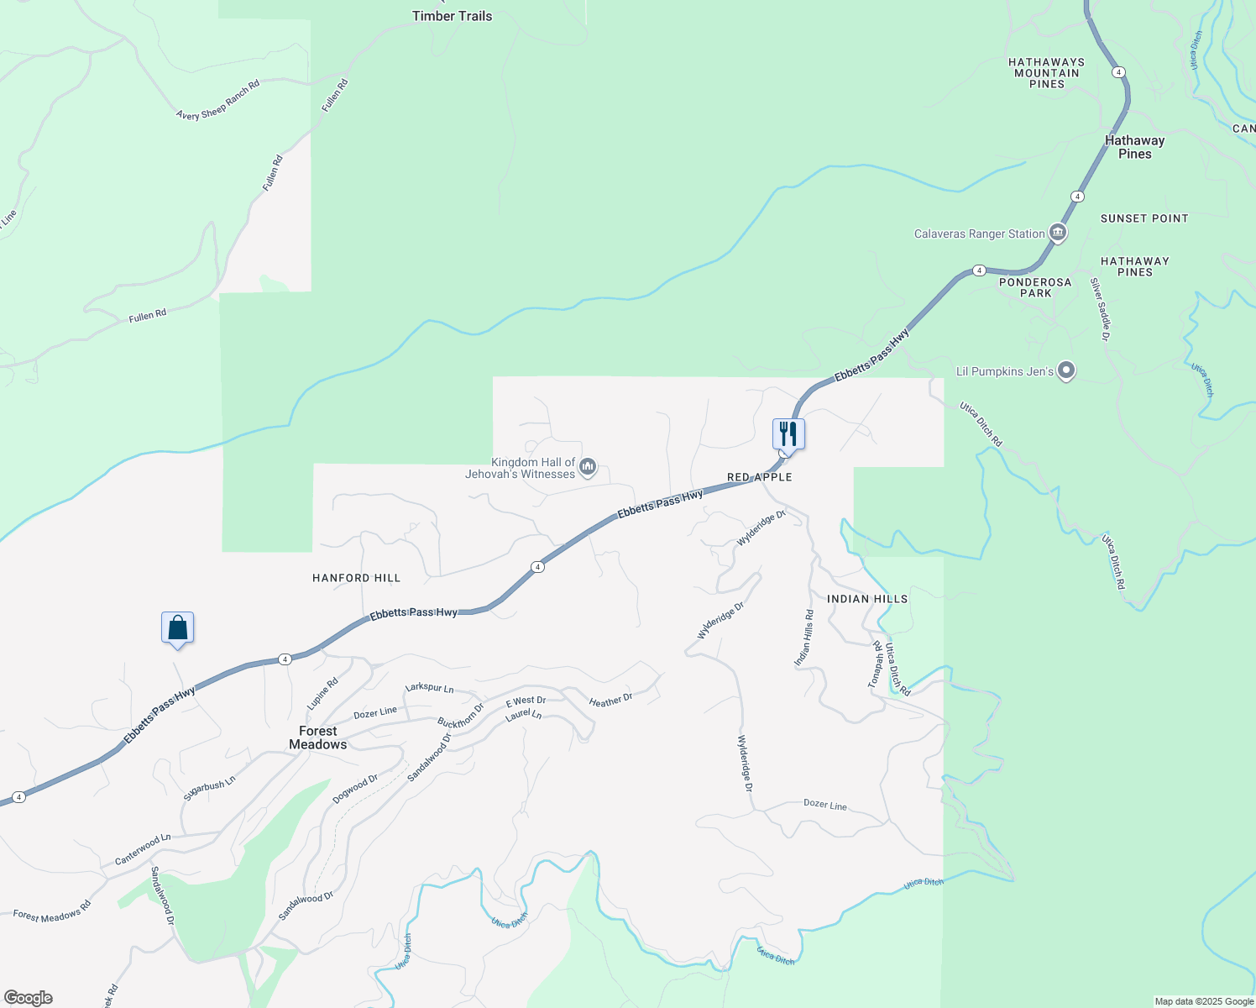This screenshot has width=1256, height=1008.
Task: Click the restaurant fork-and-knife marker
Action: [x=788, y=434]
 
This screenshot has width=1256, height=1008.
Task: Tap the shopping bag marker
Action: [x=177, y=627]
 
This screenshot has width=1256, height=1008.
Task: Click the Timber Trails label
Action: [x=452, y=16]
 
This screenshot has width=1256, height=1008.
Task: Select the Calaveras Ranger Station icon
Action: [x=1058, y=234]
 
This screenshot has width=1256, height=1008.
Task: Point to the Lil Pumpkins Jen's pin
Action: [x=1065, y=370]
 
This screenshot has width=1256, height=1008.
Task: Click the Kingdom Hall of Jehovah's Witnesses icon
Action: [x=588, y=466]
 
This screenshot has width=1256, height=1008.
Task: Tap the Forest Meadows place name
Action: [x=317, y=738]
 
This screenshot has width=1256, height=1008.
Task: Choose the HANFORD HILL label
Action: [x=356, y=578]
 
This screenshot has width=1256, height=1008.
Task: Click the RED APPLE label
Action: [x=759, y=477]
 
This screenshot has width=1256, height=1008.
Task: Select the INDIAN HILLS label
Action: [x=867, y=599]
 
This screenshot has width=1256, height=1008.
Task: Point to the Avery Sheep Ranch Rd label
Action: [x=217, y=100]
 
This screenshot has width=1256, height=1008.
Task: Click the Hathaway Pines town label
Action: [x=1134, y=147]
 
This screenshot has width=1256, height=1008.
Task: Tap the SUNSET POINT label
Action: [x=1144, y=218]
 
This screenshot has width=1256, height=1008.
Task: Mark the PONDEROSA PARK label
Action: [x=1035, y=287]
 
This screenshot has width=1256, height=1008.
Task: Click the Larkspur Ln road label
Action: [x=429, y=688]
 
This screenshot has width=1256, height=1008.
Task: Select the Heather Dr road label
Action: [x=610, y=701]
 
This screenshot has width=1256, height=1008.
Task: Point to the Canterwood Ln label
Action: [x=143, y=850]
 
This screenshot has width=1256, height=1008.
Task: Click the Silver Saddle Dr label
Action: [x=1100, y=309]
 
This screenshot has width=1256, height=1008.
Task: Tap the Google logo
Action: [x=29, y=998]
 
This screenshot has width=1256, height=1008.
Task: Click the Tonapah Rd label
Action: [x=875, y=664]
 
